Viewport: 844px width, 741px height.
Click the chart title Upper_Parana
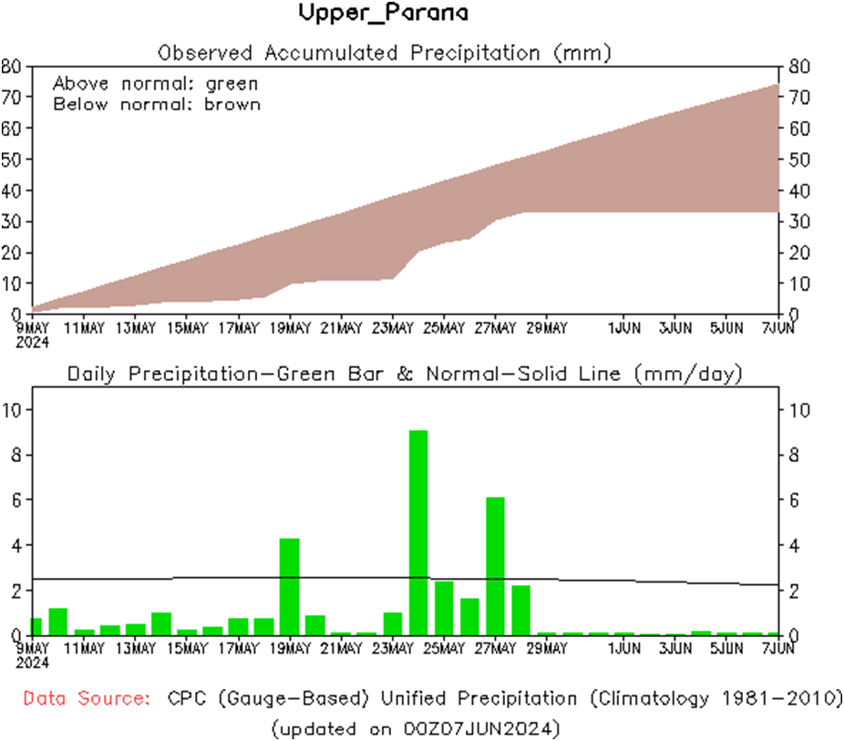pos(384,14)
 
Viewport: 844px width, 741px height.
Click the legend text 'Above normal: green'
pos(155,84)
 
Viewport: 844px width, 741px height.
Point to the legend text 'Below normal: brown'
pos(157,104)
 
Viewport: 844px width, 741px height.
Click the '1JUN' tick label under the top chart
pos(623,326)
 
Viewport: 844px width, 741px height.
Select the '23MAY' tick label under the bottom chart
pos(392,648)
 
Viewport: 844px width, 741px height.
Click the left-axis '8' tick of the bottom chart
pos(13,455)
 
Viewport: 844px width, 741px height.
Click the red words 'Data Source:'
pos(87,699)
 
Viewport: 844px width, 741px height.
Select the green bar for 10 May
pos(58,621)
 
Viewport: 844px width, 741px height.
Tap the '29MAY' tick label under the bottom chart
pos(546,648)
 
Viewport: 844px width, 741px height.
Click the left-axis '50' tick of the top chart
pos(13,160)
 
